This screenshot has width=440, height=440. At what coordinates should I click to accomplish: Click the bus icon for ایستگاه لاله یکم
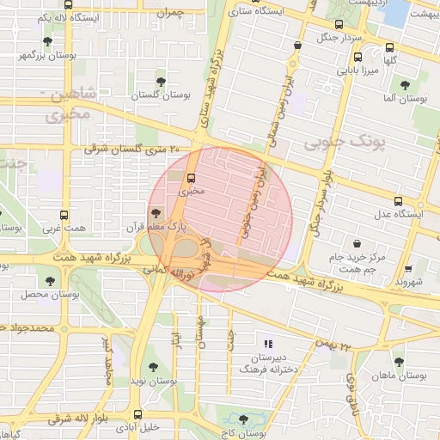(x=66, y=3)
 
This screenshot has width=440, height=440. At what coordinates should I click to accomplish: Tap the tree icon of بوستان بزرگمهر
(x=47, y=41)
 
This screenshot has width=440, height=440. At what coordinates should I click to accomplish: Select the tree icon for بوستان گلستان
(x=161, y=81)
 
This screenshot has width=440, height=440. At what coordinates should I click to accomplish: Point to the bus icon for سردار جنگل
(x=338, y=25)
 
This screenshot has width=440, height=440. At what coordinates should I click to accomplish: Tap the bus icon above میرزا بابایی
(x=357, y=58)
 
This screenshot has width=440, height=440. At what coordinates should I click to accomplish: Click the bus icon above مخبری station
(x=191, y=179)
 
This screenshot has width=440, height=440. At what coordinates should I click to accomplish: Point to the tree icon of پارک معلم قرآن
(x=156, y=214)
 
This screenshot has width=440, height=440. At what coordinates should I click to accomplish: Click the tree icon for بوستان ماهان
(x=397, y=361)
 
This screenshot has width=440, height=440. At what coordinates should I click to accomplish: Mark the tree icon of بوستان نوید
(x=153, y=367)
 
